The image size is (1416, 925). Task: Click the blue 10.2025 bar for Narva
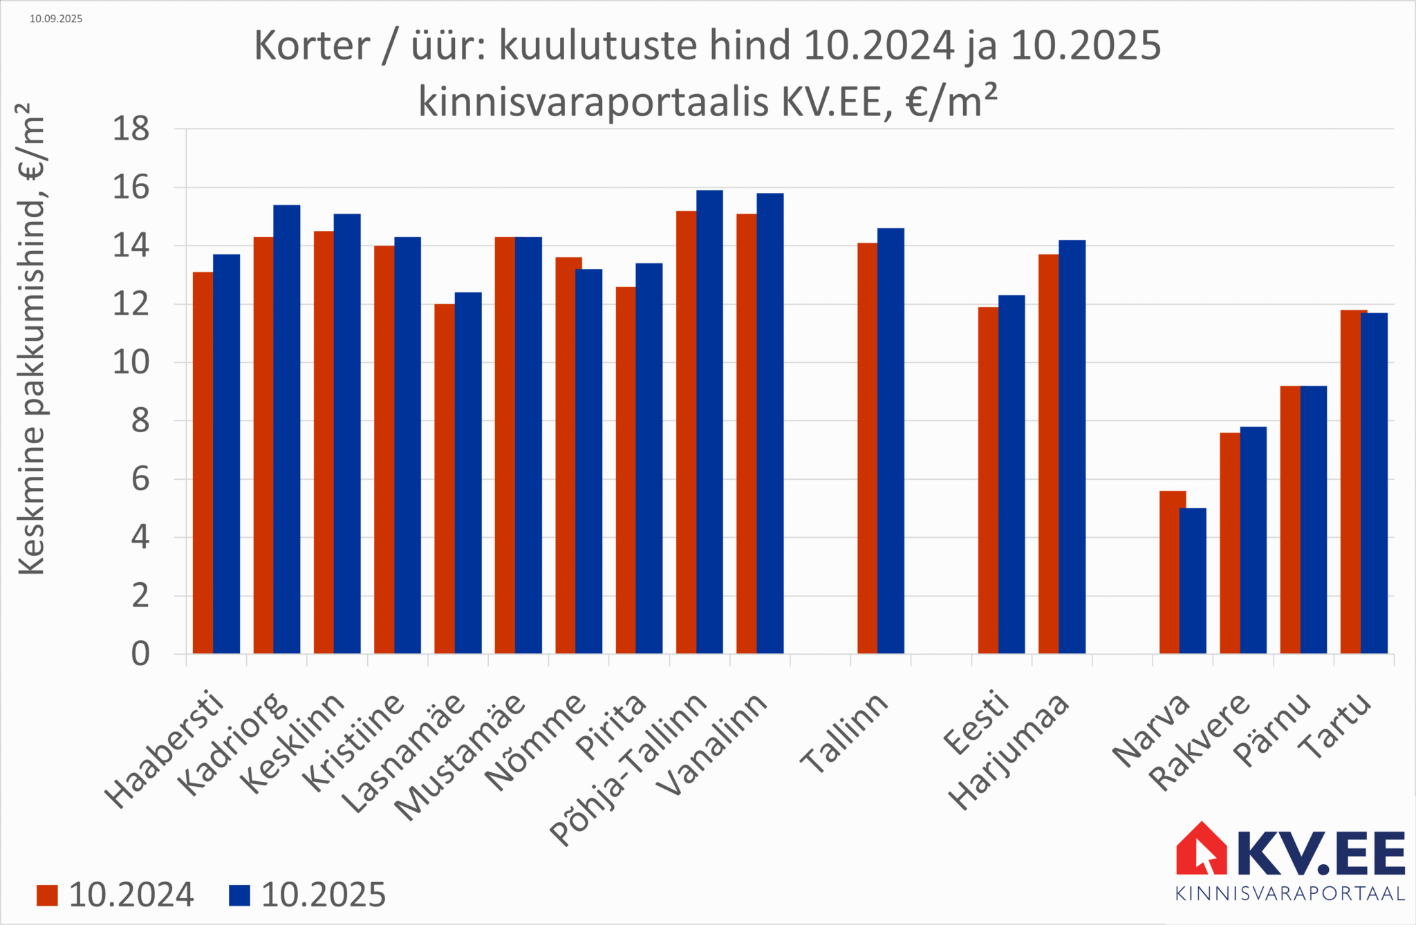(1193, 581)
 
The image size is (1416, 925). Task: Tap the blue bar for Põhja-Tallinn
(709, 422)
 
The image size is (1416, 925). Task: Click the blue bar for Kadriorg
(287, 429)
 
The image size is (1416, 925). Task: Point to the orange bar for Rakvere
(1229, 543)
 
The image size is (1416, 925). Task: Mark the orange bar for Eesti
(988, 480)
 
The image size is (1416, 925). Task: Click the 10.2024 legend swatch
(47, 895)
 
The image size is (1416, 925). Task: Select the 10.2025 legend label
(323, 895)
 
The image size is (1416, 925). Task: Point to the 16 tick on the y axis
(131, 188)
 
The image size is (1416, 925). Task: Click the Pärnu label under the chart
(1273, 729)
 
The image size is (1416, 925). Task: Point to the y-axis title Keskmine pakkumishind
(31, 339)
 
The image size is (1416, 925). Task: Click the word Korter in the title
(312, 46)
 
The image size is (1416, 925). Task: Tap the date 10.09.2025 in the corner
(56, 19)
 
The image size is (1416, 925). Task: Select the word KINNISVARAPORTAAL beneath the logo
(1290, 894)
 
